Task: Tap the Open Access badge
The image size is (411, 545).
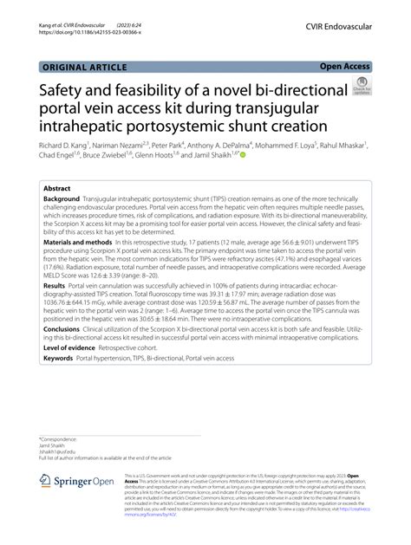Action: tap(344, 65)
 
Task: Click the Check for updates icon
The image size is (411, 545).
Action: tap(361, 87)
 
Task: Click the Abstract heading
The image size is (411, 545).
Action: tap(57, 187)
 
